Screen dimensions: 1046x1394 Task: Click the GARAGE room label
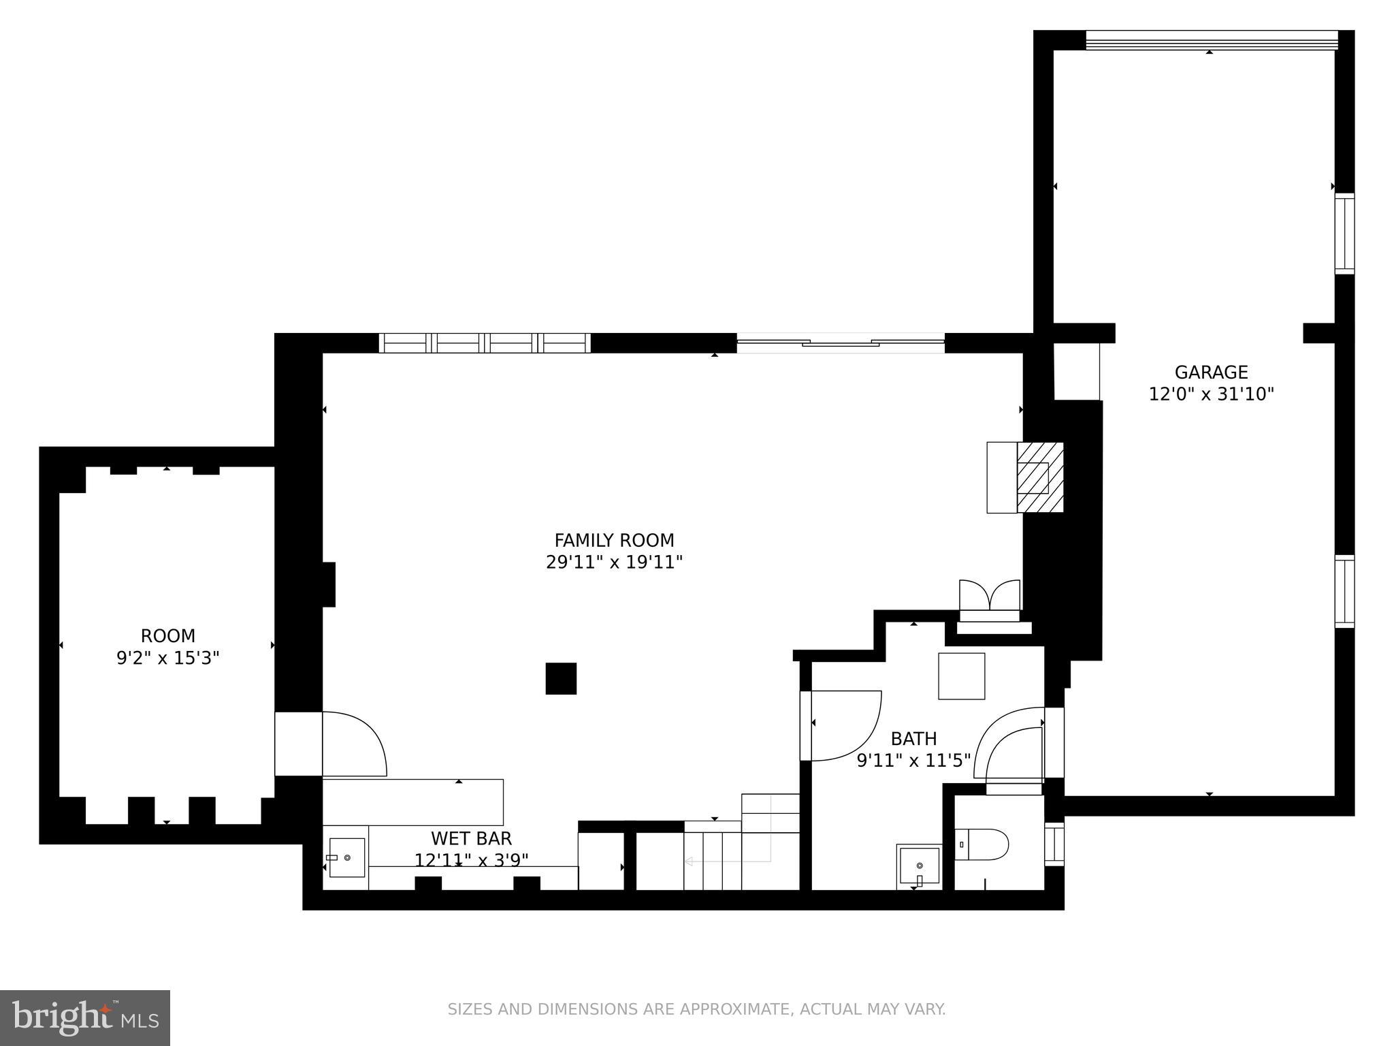1211,373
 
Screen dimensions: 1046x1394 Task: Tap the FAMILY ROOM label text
614,540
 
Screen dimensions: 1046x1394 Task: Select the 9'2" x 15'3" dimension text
168,658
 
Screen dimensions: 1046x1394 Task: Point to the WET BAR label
471,838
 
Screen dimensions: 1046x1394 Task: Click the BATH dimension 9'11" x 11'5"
913,760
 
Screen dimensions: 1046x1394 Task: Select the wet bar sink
347,857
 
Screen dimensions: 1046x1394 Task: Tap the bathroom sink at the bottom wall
919,866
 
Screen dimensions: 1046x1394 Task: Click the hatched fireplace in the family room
1039,477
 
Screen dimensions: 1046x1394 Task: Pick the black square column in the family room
561,678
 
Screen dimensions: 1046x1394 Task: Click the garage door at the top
1212,41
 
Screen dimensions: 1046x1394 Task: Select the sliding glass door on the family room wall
841,343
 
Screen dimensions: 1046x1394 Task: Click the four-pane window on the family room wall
485,343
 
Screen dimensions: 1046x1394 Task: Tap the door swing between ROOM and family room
354,744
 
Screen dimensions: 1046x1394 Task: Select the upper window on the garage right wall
1344,234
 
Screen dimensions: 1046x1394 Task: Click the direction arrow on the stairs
689,861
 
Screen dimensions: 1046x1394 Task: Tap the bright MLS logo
84,1017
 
